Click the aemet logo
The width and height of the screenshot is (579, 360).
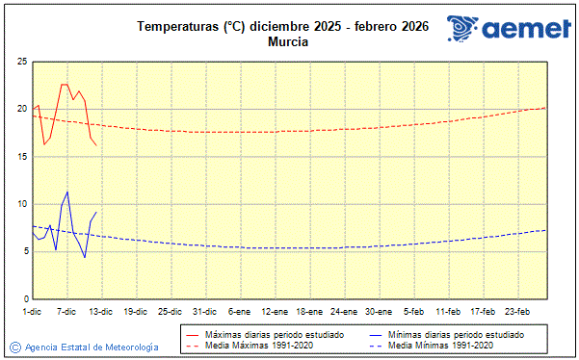pos(509,29)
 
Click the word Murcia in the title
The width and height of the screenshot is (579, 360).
pos(289,42)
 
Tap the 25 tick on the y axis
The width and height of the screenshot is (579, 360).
pos(21,62)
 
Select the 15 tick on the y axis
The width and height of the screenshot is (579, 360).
pos(21,157)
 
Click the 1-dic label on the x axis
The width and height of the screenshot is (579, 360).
pos(33,312)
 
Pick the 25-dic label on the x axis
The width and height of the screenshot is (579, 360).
pos(171,312)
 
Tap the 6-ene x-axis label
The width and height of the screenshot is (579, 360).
pos(240,312)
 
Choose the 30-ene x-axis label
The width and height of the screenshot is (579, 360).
pos(379,312)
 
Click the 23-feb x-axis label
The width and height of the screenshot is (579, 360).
pos(517,312)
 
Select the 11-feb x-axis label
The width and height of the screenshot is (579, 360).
pos(448,312)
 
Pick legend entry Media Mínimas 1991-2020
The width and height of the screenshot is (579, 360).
pos(444,345)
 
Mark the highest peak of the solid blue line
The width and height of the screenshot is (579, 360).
pos(67,192)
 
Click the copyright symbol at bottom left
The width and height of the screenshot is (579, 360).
pos(14,347)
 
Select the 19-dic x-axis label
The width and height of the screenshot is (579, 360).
pos(136,312)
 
